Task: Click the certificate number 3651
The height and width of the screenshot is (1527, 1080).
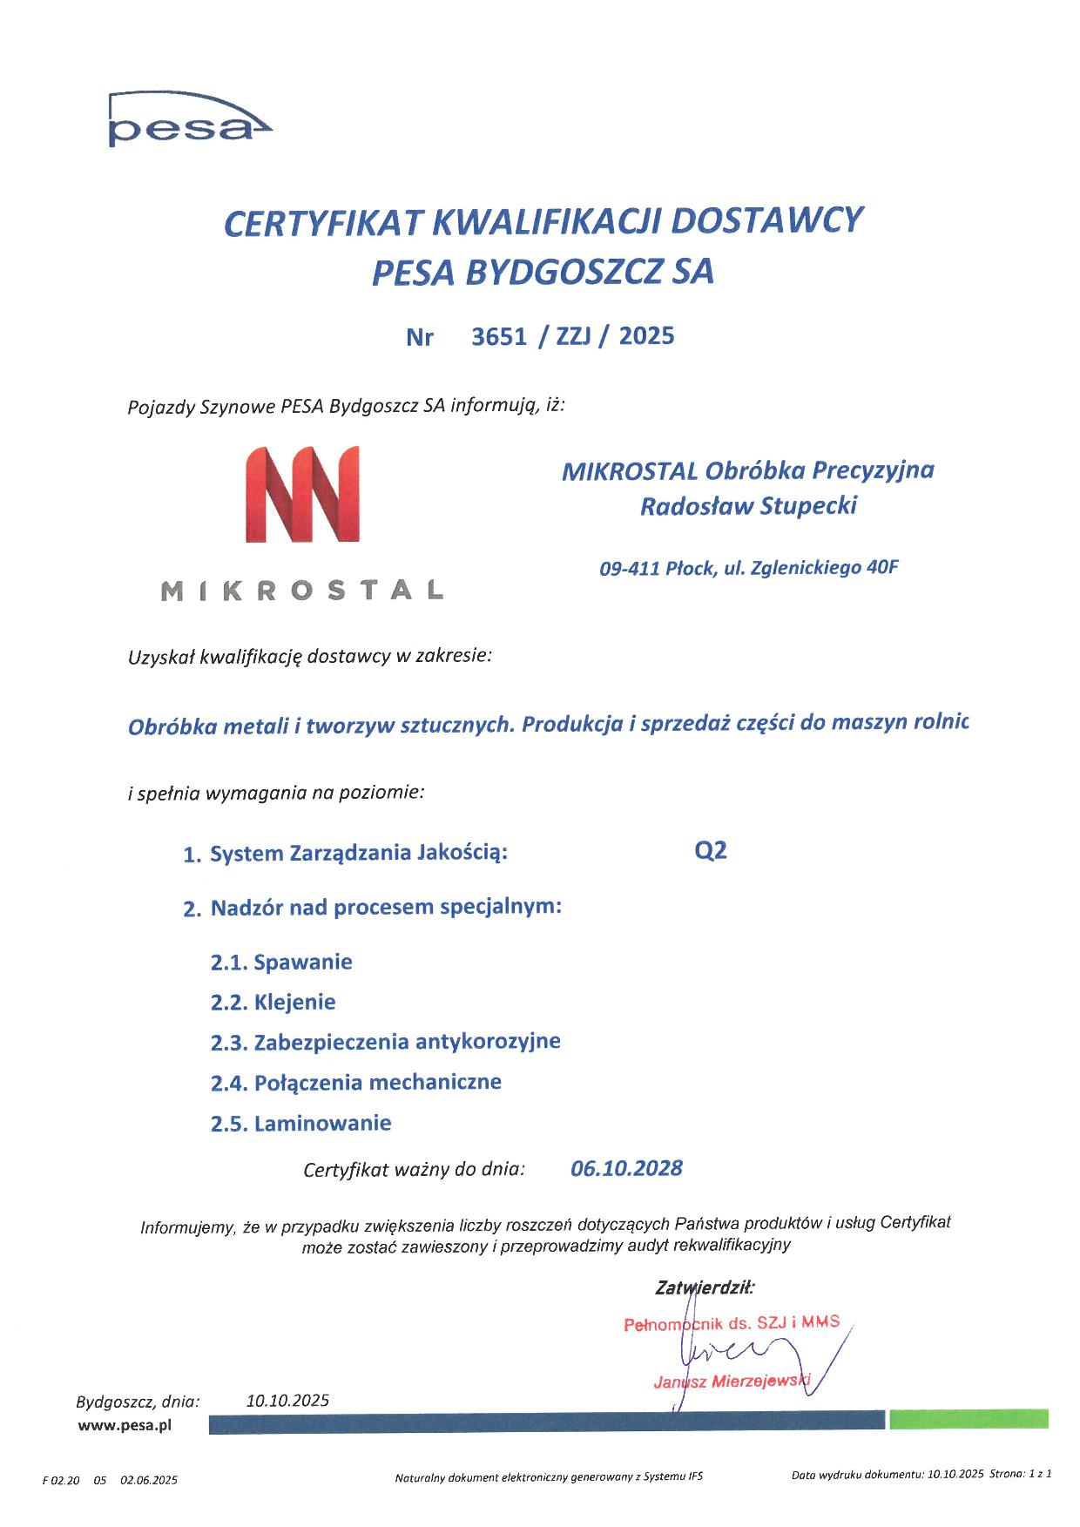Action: point(499,336)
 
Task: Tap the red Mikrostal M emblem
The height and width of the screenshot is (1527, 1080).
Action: point(302,495)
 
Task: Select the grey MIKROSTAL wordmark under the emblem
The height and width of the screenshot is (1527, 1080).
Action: point(303,591)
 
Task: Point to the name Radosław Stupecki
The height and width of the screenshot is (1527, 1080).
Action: point(748,506)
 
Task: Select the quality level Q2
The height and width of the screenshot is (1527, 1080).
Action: point(710,851)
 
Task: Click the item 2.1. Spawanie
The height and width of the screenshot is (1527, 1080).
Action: point(281,963)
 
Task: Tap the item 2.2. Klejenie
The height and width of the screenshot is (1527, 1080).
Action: point(273,1003)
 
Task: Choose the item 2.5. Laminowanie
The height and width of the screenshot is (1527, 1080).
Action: point(300,1123)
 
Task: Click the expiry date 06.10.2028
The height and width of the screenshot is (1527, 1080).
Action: point(626,1168)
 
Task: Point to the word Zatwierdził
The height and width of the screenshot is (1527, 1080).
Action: point(705,1286)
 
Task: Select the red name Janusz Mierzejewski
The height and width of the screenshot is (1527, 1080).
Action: point(732,1382)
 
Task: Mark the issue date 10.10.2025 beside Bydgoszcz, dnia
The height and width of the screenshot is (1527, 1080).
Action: point(287,1401)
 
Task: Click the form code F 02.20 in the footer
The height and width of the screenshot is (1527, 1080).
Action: point(60,1480)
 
